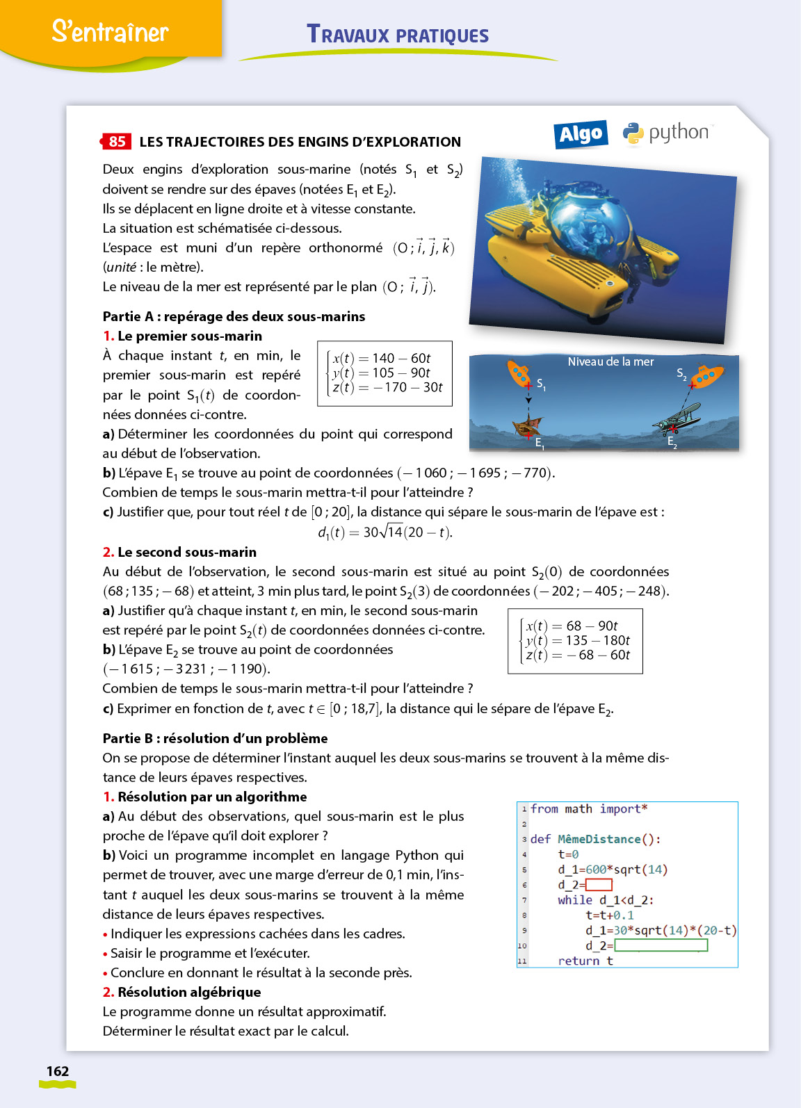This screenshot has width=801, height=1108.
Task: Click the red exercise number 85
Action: click(116, 142)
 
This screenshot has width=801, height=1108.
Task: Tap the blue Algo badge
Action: click(581, 134)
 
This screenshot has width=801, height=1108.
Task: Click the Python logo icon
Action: click(633, 133)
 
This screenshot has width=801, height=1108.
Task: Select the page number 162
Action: click(58, 1071)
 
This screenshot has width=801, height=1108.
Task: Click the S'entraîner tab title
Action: click(110, 32)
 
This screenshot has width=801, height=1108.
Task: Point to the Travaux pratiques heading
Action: click(398, 35)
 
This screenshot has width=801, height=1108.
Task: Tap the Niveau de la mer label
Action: click(610, 361)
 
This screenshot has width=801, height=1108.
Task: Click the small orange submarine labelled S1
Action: click(518, 373)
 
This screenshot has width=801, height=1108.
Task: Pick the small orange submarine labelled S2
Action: click(706, 376)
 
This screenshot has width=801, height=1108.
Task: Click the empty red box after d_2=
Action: click(599, 885)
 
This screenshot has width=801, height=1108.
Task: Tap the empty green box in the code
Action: click(661, 945)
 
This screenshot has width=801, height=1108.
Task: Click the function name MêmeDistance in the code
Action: click(599, 839)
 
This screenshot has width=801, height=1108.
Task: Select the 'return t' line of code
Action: click(585, 961)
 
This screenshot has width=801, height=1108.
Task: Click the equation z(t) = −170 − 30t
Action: click(387, 387)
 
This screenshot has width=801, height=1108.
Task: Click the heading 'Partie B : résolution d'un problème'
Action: click(215, 738)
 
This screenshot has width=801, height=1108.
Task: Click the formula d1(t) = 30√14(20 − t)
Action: click(385, 532)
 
